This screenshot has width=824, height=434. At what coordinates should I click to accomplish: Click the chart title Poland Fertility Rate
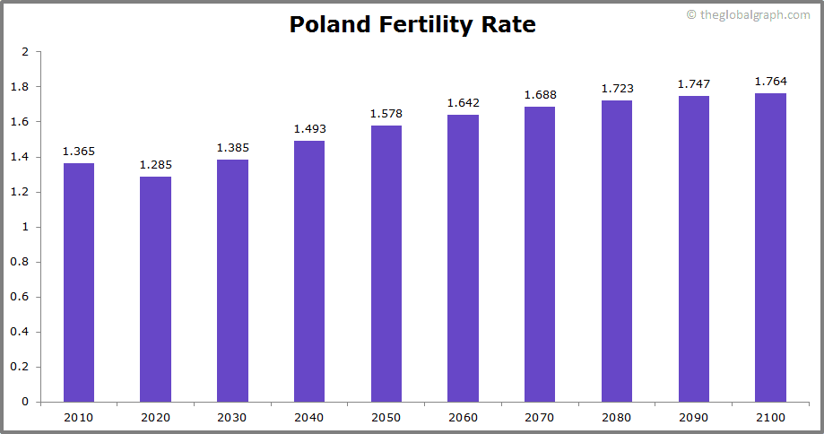pos(412,24)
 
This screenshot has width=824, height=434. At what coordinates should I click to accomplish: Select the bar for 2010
pos(78,282)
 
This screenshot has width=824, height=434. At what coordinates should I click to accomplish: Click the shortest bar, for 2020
pos(155,289)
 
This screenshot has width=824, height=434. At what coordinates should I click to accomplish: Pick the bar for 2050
pos(386,264)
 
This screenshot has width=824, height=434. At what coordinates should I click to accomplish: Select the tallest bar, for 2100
pos(770,247)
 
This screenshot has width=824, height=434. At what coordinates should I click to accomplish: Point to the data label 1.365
pos(78,152)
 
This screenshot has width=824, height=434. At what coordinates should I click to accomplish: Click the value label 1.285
pos(155,165)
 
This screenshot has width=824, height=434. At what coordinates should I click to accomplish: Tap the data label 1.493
pos(309,129)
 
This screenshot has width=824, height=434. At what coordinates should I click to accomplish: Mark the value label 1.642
pos(463,103)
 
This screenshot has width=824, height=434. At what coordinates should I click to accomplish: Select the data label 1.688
pos(540,95)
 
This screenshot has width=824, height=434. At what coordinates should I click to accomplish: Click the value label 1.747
pos(693,84)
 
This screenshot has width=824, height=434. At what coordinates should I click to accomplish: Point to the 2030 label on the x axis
pos(232,418)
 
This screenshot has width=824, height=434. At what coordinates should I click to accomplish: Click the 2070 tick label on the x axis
pos(540,418)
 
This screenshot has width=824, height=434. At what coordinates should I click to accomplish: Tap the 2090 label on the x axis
pos(693,418)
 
